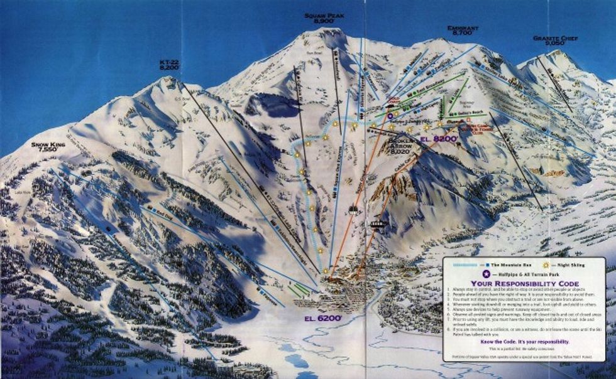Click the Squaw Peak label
pos(324,18)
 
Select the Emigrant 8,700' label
pos(463,29)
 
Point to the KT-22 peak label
pos(170,64)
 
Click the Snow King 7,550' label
pos(48,147)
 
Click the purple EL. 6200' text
pos(324,318)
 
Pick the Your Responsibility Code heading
pos(524,282)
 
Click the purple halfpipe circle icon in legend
pos(485,273)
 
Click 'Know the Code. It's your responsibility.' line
pos(524,341)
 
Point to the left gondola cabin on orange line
pos(355,210)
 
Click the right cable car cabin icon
pos(378,223)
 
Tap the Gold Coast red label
pos(394,100)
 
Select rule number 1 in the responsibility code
pos(503,291)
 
